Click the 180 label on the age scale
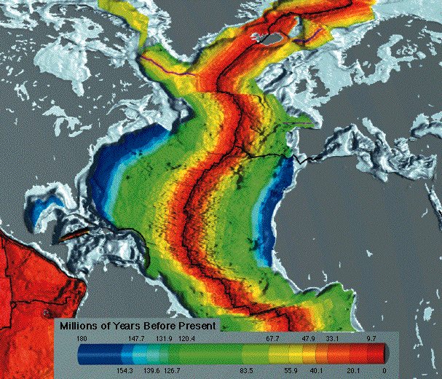coord(82,339)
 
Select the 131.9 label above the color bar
coord(165,339)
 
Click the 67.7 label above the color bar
coord(272,339)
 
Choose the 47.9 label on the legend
coord(308,339)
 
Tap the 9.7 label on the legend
coord(370,339)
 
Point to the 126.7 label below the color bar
coord(178,371)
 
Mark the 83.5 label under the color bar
coord(246,371)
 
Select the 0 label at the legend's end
coord(383,371)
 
